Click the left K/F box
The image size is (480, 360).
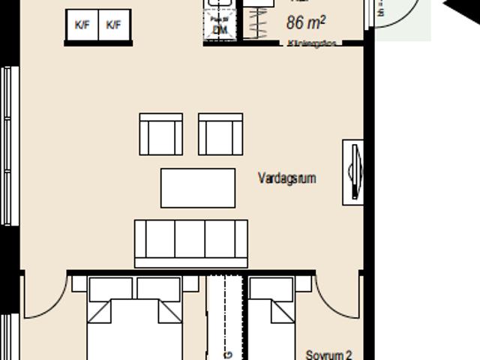tap(81, 25)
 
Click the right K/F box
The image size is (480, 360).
tap(114, 25)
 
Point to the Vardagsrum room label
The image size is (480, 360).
tap(286, 178)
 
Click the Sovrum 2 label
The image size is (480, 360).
tap(328, 354)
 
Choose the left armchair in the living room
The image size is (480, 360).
tap(160, 135)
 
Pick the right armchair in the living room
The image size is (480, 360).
tap(220, 135)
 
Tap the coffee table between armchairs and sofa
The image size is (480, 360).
tap(197, 187)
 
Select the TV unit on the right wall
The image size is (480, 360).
tap(354, 172)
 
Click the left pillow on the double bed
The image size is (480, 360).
tap(111, 289)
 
